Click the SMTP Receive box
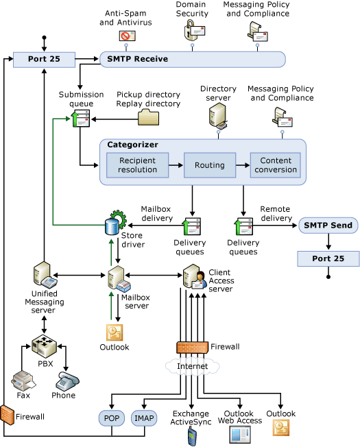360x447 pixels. tap(192, 59)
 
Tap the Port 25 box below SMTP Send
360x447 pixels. tap(327, 258)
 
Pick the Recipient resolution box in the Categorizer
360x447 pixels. tap(137, 165)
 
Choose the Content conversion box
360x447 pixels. tap(275, 165)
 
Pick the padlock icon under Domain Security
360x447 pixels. tap(192, 29)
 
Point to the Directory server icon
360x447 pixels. tap(218, 116)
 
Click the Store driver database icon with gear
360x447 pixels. tap(114, 223)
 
